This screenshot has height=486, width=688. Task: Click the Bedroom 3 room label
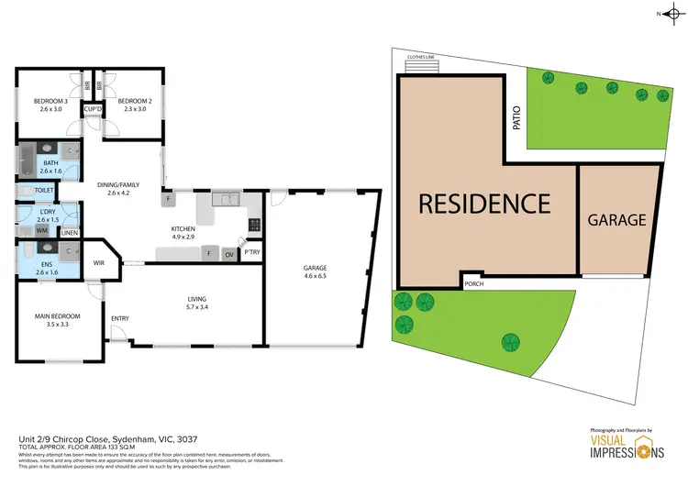49,101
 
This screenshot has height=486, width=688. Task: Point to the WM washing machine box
42,230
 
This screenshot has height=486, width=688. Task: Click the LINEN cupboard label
70,232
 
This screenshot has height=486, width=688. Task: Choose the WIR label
99,263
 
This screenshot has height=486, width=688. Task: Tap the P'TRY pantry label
251,251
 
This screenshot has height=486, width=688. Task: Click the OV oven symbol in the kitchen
228,254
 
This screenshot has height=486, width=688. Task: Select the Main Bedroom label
57,316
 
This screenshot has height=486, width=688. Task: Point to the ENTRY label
120,318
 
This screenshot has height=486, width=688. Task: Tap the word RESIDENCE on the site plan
484,204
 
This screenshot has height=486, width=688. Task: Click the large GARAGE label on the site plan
617,220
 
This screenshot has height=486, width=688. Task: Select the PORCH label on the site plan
474,283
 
